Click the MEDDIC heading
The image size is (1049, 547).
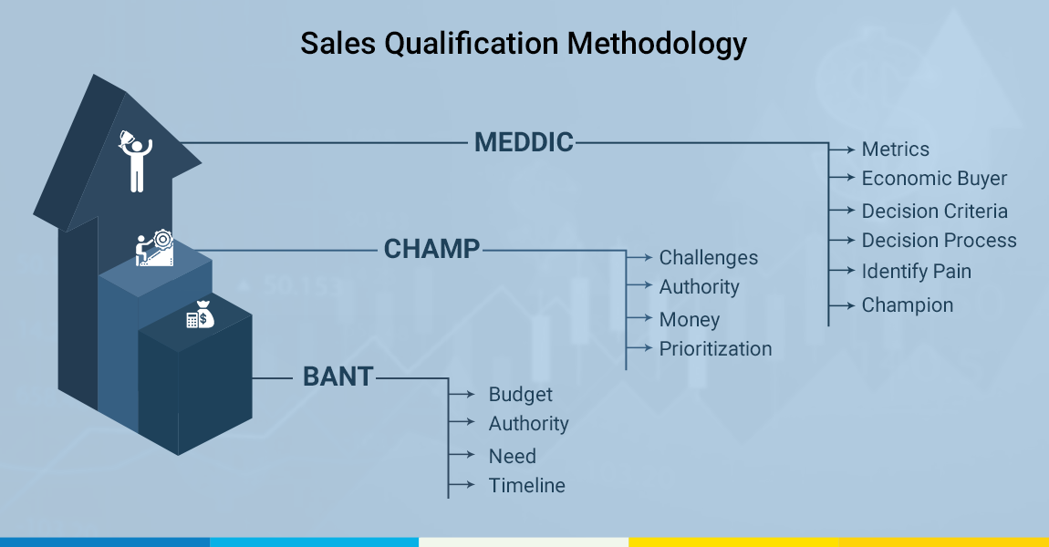click(524, 142)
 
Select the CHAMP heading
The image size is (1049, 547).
click(431, 250)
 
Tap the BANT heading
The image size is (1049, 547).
click(338, 377)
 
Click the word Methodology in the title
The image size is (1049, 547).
click(657, 44)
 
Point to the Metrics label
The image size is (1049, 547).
click(895, 150)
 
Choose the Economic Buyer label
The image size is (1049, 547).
click(934, 179)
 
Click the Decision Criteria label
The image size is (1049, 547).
click(935, 212)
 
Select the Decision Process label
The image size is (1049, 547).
click(939, 240)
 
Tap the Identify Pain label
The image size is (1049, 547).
click(916, 272)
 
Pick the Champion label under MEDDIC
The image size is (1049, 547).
click(908, 304)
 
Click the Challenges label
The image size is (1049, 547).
click(709, 258)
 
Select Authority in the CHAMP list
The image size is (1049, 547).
click(699, 287)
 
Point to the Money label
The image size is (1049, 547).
click(689, 320)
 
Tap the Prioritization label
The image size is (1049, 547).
click(715, 348)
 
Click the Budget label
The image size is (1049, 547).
click(521, 395)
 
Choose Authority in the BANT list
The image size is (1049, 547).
click(528, 423)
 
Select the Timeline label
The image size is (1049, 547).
click(526, 486)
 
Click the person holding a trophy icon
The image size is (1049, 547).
click(136, 161)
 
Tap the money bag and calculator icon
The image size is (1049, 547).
click(200, 315)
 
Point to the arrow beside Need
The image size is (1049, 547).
click(462, 455)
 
